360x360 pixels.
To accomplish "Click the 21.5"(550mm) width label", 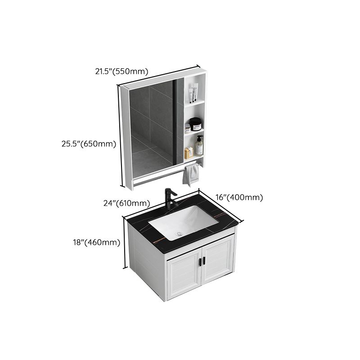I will click(121, 71).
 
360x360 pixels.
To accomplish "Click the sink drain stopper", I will click(179, 233).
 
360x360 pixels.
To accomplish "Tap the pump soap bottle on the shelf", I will click(198, 147).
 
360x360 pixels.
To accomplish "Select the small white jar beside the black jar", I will click(187, 129).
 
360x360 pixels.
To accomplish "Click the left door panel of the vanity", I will click(183, 275).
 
